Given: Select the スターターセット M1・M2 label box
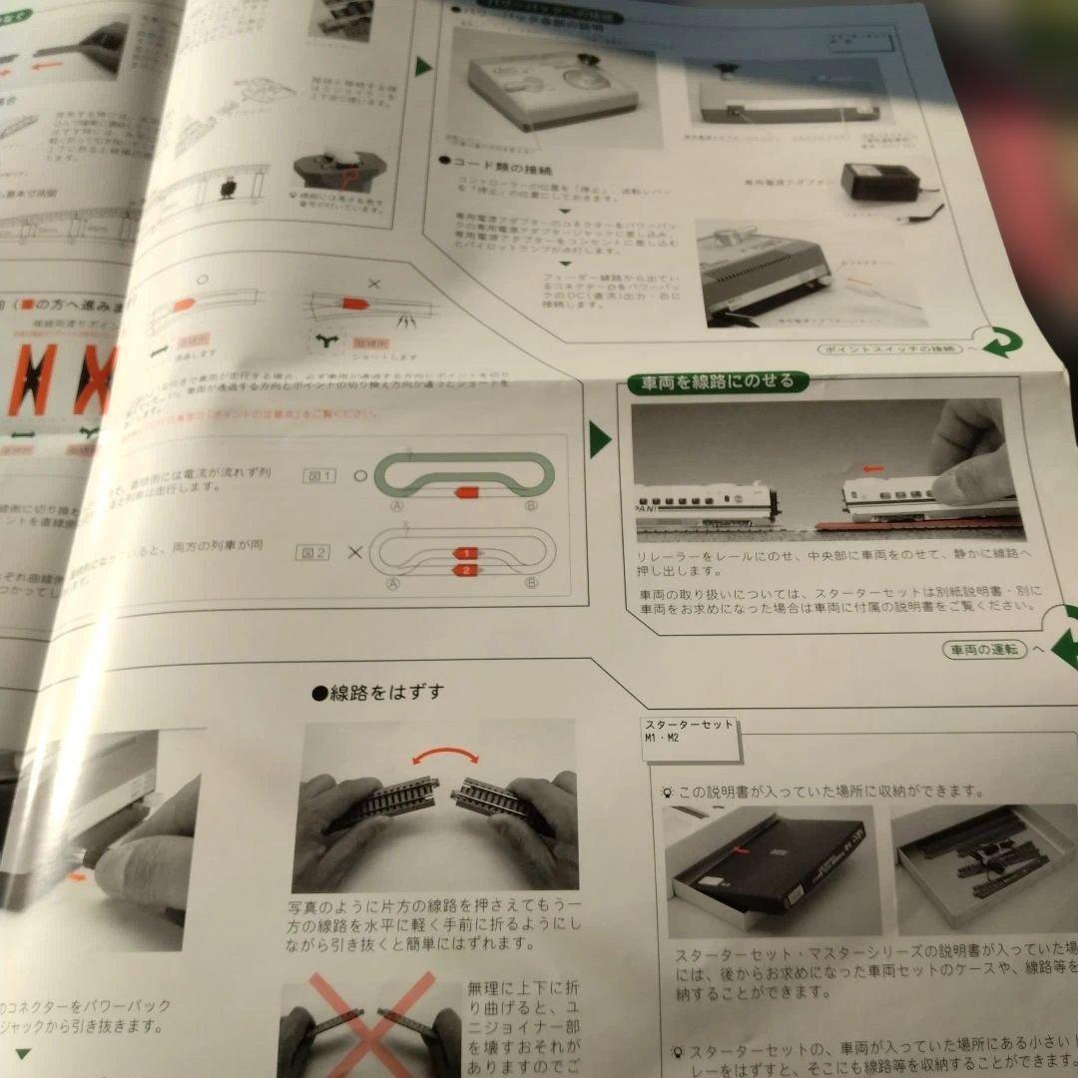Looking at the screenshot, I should (x=689, y=731).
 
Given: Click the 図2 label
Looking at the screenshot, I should (x=312, y=551).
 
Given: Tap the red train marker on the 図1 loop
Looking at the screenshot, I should (x=467, y=491).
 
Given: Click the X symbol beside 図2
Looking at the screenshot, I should (x=354, y=551).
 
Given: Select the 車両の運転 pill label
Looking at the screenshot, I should (x=983, y=649).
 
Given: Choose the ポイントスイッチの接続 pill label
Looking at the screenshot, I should (x=889, y=349).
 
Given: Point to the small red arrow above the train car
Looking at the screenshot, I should (x=870, y=466).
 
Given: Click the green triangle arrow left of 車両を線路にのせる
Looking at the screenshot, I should (x=599, y=439).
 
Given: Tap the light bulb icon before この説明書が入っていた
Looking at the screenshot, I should (x=666, y=792).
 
